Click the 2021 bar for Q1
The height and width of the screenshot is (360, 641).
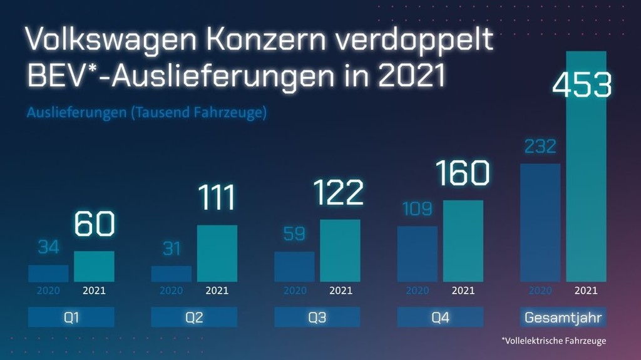click(94, 266)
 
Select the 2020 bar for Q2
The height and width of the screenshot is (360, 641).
click(171, 274)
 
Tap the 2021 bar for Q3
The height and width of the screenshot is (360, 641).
click(340, 250)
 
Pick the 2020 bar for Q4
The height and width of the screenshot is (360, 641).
click(417, 254)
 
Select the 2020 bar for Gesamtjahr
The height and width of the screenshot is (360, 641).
click(540, 222)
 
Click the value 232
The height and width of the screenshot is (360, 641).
click(540, 147)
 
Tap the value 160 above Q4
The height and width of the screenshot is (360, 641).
click(463, 173)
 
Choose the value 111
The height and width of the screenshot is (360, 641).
click(217, 197)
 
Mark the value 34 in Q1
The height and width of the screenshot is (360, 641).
click(48, 247)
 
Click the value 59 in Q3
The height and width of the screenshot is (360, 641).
click(294, 234)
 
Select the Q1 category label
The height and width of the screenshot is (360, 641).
click(71, 317)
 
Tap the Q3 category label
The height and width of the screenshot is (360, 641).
click(317, 317)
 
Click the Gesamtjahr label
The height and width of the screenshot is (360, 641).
click(563, 317)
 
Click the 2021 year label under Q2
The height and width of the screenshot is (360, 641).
click(217, 291)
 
